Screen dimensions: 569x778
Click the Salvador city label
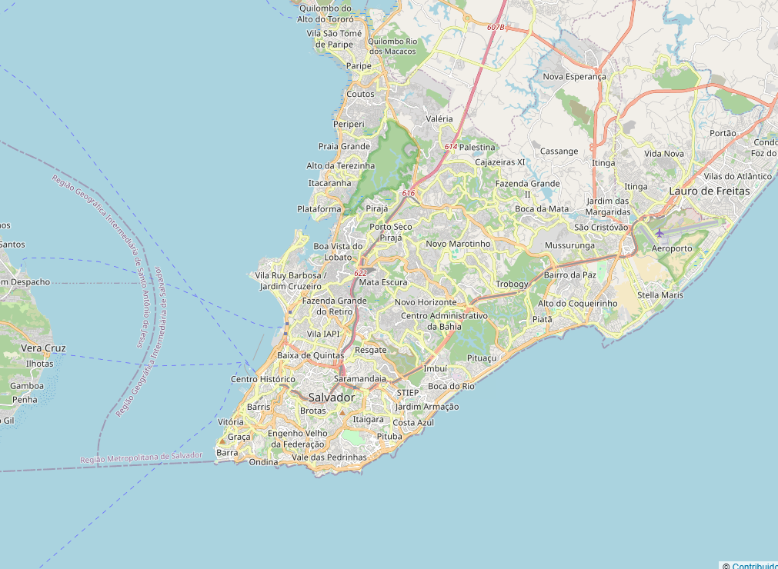(332, 398)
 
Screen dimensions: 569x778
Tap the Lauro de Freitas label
(709, 191)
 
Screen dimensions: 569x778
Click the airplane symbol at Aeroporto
(659, 233)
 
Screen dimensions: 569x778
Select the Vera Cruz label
(43, 348)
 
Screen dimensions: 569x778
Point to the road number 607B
(496, 27)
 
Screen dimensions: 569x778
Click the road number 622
(360, 273)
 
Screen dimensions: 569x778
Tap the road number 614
(451, 146)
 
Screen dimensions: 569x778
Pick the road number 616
(408, 193)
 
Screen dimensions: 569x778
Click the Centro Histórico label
(263, 379)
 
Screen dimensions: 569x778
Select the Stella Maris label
(660, 295)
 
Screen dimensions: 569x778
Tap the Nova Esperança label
(574, 77)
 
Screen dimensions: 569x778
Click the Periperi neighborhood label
(349, 124)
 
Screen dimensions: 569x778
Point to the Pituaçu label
(482, 358)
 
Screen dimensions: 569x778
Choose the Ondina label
(263, 462)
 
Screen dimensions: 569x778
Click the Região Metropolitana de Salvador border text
(142, 458)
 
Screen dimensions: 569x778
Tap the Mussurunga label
(569, 246)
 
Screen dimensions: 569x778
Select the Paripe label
(359, 66)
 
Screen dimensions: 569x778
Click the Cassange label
(559, 151)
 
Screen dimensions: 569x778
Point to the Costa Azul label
(413, 423)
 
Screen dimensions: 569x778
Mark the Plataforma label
(319, 209)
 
